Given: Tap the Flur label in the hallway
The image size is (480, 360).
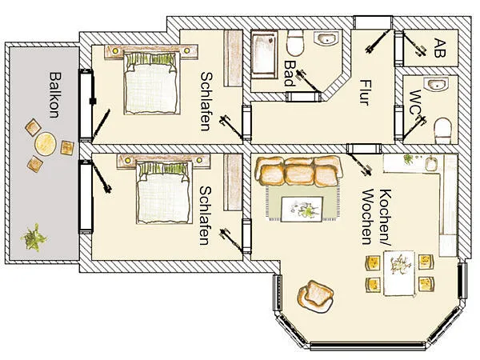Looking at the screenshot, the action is [x=365, y=93].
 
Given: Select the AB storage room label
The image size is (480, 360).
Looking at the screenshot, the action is [x=439, y=48].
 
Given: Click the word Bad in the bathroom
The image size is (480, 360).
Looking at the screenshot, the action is [x=290, y=73].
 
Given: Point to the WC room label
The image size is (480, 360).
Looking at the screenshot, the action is [x=415, y=102].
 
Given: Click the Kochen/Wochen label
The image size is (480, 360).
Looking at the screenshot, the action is [x=377, y=217].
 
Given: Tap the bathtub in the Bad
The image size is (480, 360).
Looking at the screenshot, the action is [x=264, y=54].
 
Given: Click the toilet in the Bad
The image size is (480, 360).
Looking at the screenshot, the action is [x=295, y=43].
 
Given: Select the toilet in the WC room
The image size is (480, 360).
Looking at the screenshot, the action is [x=443, y=131].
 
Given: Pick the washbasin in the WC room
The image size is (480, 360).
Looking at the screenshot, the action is [x=436, y=83].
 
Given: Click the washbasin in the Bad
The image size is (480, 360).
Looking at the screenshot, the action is [x=326, y=38].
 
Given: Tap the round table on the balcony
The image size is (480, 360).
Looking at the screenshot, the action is [x=46, y=143].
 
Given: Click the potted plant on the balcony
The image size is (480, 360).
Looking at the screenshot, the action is [x=34, y=238].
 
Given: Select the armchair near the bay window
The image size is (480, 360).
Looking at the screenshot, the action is [x=315, y=296].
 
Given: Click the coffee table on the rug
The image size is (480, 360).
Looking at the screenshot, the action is [x=302, y=210].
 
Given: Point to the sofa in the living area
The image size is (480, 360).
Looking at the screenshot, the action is [x=298, y=171].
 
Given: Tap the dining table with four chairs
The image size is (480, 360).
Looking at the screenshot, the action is [x=399, y=273].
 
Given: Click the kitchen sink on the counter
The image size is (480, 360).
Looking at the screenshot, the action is [x=431, y=164].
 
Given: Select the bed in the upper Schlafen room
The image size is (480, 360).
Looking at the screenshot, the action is [x=151, y=82].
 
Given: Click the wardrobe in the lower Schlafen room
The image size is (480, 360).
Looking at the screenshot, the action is [x=233, y=182].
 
